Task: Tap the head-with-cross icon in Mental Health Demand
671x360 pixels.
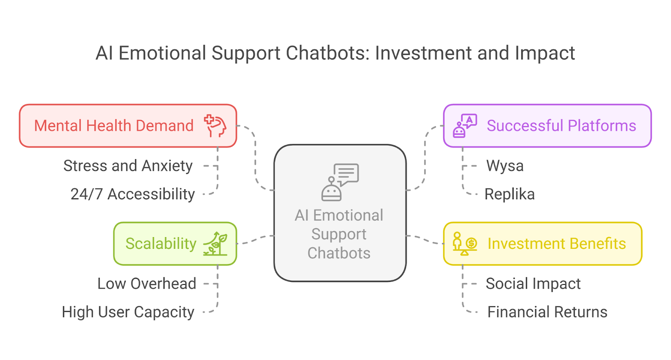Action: (215, 126)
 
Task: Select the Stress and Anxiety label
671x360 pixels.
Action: (128, 166)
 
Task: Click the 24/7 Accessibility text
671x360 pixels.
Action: (133, 194)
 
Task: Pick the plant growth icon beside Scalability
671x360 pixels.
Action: (215, 244)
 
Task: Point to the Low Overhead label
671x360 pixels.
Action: (147, 284)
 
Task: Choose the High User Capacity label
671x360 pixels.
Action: (128, 312)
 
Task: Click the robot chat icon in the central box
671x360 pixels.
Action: (340, 182)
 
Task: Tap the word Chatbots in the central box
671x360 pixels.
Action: (339, 253)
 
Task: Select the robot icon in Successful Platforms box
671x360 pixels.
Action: (464, 126)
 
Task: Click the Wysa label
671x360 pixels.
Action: (505, 166)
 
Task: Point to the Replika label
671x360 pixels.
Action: (510, 194)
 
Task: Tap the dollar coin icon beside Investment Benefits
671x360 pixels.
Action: (471, 243)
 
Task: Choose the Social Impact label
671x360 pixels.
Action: (533, 284)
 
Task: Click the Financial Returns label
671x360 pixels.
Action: (547, 312)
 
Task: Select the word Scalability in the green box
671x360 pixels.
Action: (161, 244)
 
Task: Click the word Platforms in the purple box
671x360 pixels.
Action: (602, 126)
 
